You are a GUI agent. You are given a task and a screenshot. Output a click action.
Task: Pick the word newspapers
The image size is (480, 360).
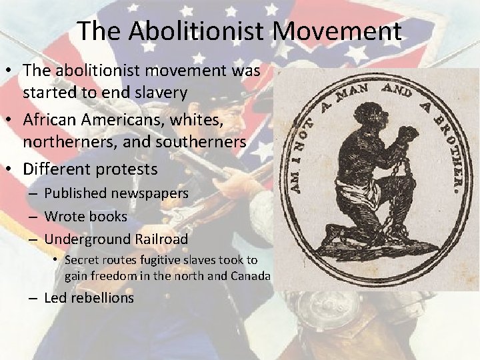tap(149, 193)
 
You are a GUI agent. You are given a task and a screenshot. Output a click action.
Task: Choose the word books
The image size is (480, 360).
tap(111, 216)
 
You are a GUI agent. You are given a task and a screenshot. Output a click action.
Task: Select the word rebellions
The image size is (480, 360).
tap(99, 297)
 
